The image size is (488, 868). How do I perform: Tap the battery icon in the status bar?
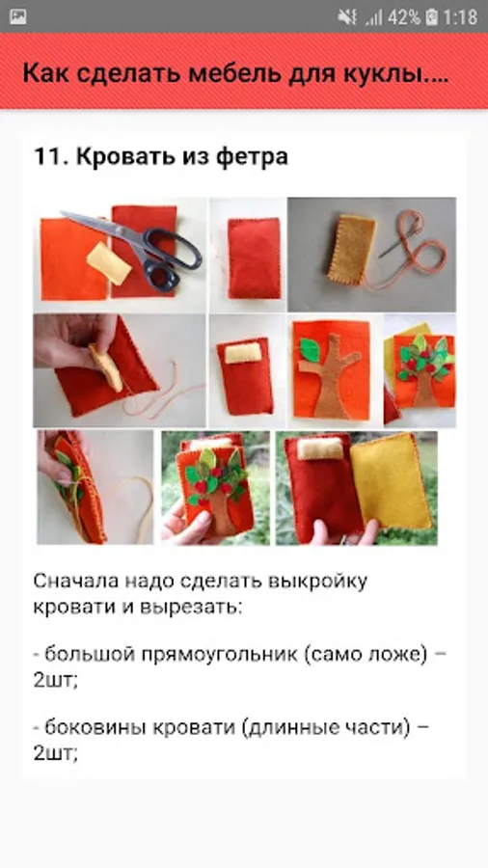click(431, 17)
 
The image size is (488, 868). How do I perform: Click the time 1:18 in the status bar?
click(460, 17)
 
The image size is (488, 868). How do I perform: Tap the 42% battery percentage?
click(404, 17)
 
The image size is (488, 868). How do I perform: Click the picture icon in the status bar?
click(17, 16)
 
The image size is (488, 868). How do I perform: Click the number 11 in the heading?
click(50, 156)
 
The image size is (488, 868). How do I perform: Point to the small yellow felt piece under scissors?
click(109, 263)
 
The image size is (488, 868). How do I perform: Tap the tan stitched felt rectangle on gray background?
click(351, 249)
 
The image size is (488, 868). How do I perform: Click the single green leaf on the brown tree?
click(310, 350)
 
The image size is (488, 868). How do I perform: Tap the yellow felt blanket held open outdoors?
click(391, 480)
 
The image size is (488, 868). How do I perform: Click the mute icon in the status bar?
click(347, 17)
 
